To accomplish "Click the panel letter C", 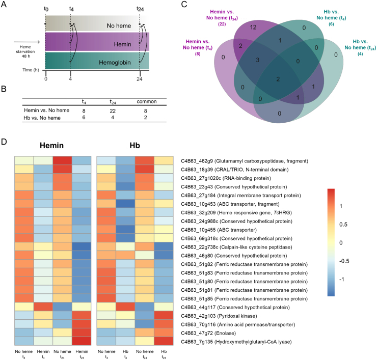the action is [x=184, y=4].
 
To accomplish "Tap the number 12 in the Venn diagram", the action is [x=253, y=27].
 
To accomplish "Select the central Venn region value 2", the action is [x=278, y=79].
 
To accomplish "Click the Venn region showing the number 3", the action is [x=257, y=60].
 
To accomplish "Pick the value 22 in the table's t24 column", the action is [x=113, y=111].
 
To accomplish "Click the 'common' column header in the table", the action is [x=147, y=101].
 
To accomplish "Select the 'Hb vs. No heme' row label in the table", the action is [x=42, y=118].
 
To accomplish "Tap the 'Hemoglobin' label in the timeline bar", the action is [x=115, y=63].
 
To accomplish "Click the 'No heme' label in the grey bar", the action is [x=119, y=25].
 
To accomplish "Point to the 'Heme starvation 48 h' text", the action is [x=25, y=51].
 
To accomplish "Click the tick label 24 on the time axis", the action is [x=140, y=79].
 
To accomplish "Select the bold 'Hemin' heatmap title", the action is [x=51, y=146].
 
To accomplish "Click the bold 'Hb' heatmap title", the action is [x=134, y=146].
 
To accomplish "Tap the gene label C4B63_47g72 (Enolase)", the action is [x=208, y=333].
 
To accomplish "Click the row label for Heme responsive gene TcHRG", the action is [x=236, y=213].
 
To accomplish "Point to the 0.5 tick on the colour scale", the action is [x=343, y=225].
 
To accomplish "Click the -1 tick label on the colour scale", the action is [x=342, y=279].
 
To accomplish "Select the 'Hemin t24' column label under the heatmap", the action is [x=82, y=354].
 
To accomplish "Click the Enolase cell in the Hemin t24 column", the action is [x=82, y=333].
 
